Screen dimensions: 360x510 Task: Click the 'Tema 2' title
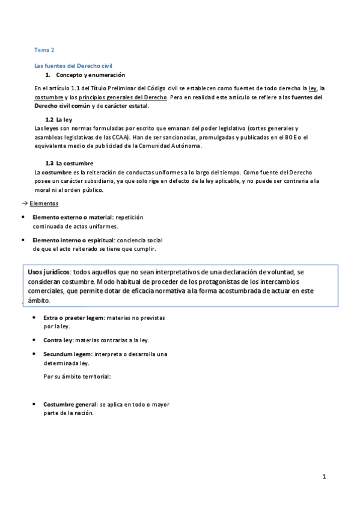coord(44,51)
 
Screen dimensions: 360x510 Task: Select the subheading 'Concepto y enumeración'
coord(90,75)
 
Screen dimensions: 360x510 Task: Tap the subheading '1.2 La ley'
coord(59,120)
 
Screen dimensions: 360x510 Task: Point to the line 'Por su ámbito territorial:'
coord(78,377)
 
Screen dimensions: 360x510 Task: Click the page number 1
coord(324,477)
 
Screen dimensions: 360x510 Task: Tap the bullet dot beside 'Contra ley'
coord(33,340)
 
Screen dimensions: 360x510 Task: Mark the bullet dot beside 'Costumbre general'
coord(33,405)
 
